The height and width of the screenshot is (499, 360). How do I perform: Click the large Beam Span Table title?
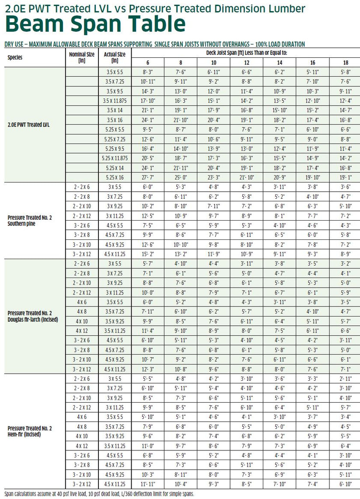(95, 25)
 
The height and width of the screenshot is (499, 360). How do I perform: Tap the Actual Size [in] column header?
(115, 57)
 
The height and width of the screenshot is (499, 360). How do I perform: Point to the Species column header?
(15, 57)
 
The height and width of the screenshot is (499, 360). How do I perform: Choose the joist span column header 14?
(280, 63)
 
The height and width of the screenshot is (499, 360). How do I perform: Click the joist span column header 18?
(346, 63)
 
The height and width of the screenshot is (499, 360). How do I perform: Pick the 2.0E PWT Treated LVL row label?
(29, 125)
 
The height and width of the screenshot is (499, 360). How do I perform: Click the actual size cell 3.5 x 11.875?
(115, 100)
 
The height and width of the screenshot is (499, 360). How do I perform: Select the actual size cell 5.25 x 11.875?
(115, 158)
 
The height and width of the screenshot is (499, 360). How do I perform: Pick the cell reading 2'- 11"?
(346, 378)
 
